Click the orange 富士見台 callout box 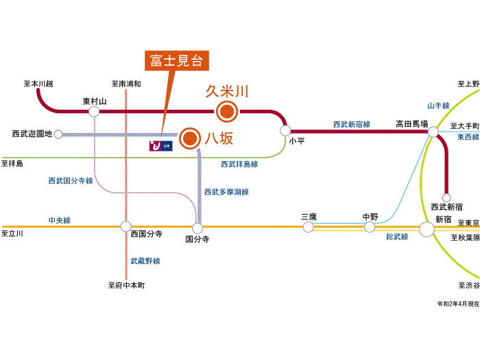pos(177,60)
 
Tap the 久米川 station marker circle pos(227,111)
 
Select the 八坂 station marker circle pos(190,139)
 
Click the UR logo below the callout pos(160,146)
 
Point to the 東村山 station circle pos(94,111)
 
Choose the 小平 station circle pos(285,131)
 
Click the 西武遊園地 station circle pos(58,134)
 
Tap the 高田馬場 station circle pos(433,132)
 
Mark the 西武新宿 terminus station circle pos(446,197)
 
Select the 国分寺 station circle pos(197,228)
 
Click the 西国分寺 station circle pos(125,226)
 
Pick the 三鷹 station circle pos(309,227)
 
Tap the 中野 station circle pos(369,227)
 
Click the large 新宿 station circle pos(427,229)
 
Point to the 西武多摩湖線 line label pos(226,192)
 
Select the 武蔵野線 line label pos(145,261)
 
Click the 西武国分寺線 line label pos(71,180)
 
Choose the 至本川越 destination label pos(38,84)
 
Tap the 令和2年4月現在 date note pos(458,304)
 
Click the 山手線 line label pos(438,106)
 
